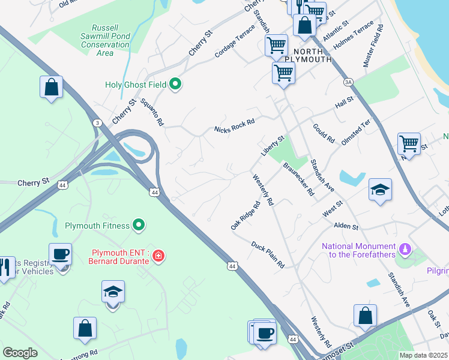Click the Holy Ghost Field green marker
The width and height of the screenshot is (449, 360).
[x=175, y=85]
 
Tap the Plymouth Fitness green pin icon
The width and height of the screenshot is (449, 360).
[x=139, y=226]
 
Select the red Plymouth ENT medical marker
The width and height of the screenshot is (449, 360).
[x=158, y=256]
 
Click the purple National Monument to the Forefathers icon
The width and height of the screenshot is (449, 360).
[x=405, y=247]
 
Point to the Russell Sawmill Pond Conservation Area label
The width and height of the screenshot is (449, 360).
[x=105, y=40]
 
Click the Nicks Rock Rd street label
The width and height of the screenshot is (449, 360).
[x=235, y=125]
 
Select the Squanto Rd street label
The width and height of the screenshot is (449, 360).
[x=152, y=112]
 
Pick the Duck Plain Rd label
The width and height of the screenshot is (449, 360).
[x=267, y=255]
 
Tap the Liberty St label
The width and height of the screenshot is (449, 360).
[x=272, y=146]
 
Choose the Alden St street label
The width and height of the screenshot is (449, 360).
[x=346, y=227]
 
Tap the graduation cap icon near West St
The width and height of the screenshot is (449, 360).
[x=380, y=190]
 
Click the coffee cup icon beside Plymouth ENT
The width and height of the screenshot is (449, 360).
[x=60, y=254]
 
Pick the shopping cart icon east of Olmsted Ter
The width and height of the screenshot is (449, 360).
[x=409, y=144]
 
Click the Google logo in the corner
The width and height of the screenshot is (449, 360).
[x=20, y=353]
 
